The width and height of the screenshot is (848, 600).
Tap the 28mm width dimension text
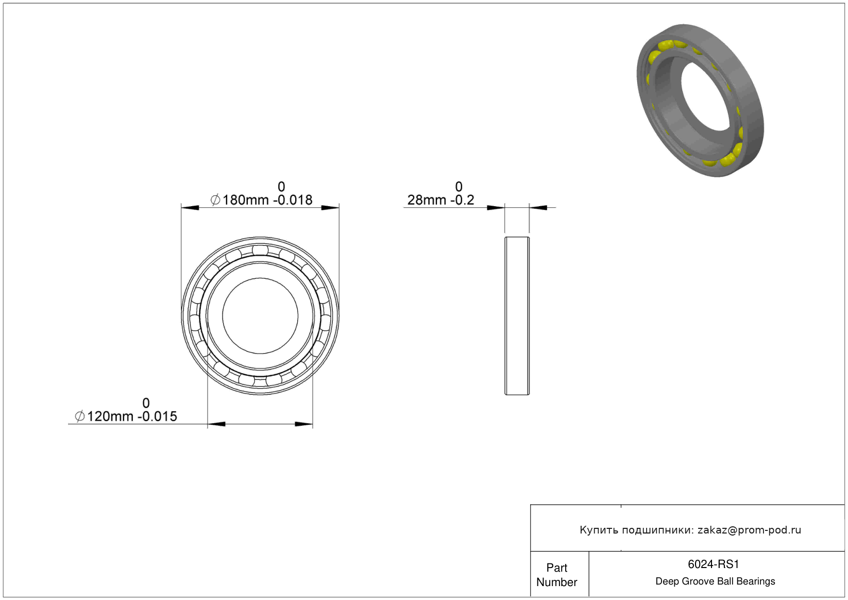click(x=440, y=200)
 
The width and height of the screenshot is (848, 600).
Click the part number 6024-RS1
click(x=713, y=564)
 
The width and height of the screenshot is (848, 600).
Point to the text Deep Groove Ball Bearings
click(x=715, y=581)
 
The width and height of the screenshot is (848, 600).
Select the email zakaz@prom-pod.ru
click(x=749, y=530)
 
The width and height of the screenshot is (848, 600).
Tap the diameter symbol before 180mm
click(x=215, y=200)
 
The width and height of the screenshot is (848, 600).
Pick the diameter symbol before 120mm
click(x=80, y=416)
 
